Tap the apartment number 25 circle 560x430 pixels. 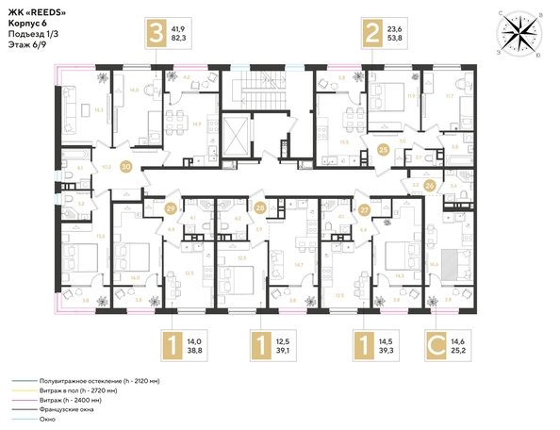[x=383, y=149]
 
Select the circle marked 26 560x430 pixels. [x=431, y=186]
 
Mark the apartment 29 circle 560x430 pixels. [x=171, y=208]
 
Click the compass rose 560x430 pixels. [x=516, y=34]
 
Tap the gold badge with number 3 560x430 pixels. [x=151, y=37]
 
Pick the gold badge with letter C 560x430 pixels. [x=437, y=346]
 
